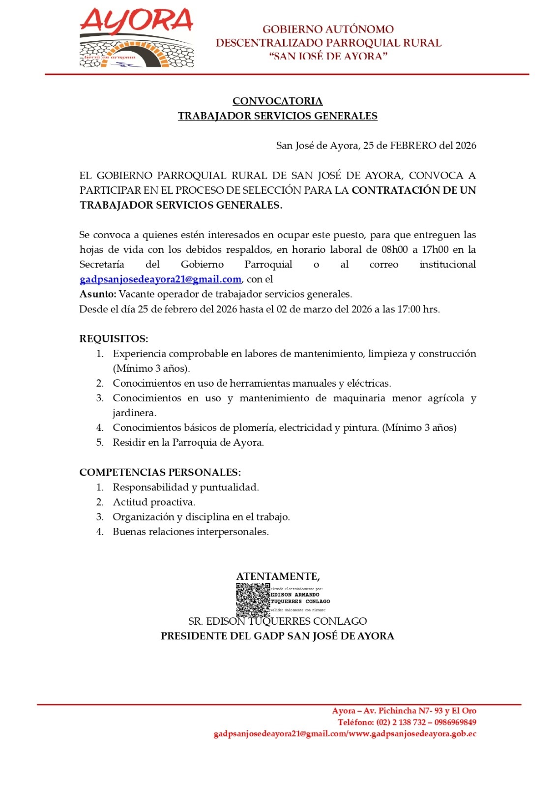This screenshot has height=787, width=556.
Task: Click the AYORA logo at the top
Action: tap(137, 38)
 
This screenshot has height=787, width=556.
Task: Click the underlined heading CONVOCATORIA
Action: tap(277, 101)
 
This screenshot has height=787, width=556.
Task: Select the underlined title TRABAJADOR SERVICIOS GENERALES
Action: tap(277, 116)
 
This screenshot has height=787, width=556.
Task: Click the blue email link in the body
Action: tap(160, 279)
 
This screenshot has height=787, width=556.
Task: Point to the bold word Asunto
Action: tap(98, 294)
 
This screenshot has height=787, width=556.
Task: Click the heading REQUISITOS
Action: tap(114, 339)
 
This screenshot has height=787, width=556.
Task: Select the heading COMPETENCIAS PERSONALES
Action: tap(160, 473)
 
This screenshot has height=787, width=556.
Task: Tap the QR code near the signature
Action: tap(253, 600)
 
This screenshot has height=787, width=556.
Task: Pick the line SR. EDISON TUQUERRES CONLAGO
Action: tap(277, 621)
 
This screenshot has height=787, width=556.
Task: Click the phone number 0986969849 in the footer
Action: tap(455, 723)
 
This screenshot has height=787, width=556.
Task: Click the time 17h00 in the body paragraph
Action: tap(435, 250)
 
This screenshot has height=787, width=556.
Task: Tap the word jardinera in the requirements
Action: tap(134, 413)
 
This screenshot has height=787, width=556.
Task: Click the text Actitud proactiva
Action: tap(154, 502)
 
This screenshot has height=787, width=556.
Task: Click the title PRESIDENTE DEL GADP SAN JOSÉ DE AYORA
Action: tap(277, 636)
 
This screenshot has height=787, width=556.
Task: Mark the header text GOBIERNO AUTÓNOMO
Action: tap(328, 30)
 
